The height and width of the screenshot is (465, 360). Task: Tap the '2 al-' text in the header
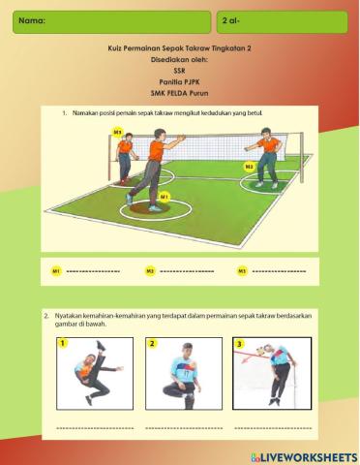coord(231,19)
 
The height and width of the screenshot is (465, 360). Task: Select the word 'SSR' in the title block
coord(179,71)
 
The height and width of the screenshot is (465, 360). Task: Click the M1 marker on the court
coord(165,197)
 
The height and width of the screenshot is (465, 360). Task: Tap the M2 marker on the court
coord(249,167)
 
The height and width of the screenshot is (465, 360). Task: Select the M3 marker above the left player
coord(118,131)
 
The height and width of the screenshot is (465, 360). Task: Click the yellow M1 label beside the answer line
coord(57,270)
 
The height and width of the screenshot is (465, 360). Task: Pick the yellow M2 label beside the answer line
coord(150,270)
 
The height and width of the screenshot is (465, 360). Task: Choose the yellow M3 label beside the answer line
coord(241,270)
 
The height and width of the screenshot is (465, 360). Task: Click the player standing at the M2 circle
coord(266,157)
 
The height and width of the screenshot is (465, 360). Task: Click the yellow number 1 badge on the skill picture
coord(63,343)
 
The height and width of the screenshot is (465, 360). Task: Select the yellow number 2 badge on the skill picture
coord(152,343)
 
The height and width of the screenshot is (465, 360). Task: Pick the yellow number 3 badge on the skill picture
coord(240,343)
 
